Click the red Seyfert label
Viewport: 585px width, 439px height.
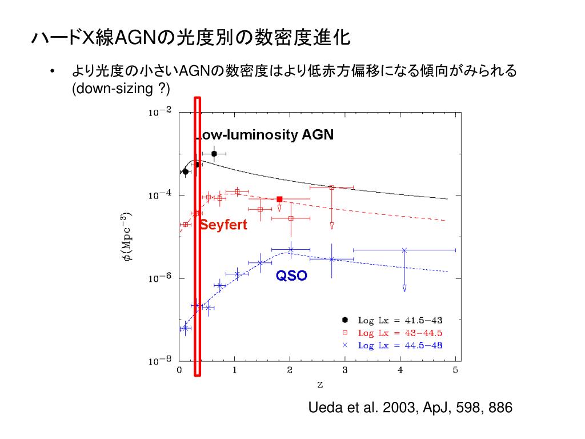pyautogui.click(x=223, y=225)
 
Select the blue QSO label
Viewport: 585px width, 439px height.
pyautogui.click(x=291, y=276)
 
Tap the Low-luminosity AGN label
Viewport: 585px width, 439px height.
pyautogui.click(x=265, y=135)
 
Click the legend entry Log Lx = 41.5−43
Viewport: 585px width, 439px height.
pyautogui.click(x=400, y=320)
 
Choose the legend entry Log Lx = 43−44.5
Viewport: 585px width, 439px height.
pyautogui.click(x=400, y=333)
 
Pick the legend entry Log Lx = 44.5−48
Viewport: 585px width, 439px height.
pyautogui.click(x=400, y=345)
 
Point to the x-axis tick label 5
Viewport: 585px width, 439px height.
pyautogui.click(x=455, y=370)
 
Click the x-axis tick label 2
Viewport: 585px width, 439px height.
pyautogui.click(x=290, y=370)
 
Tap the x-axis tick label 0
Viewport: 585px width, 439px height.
pyautogui.click(x=179, y=370)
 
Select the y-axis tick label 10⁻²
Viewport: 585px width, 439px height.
pyautogui.click(x=160, y=113)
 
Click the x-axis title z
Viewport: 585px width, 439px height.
pyautogui.click(x=319, y=385)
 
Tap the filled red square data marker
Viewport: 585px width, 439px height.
pyautogui.click(x=279, y=199)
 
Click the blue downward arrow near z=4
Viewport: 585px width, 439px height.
pyautogui.click(x=404, y=288)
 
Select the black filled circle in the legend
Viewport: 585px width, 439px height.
pyautogui.click(x=344, y=320)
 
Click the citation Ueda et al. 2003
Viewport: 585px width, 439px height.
pyautogui.click(x=410, y=408)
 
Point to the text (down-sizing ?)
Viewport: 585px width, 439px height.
pyautogui.click(x=121, y=89)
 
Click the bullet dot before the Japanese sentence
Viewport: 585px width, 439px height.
pyautogui.click(x=53, y=72)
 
